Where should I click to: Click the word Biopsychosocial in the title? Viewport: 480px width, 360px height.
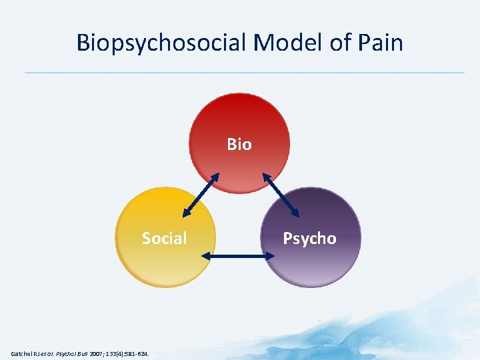point(161,43)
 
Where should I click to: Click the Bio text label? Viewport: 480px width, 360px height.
point(239,144)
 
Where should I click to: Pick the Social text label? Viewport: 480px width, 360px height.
point(164,238)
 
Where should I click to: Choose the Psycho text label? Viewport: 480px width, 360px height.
point(309,238)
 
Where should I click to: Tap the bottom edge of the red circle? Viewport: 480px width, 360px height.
point(239,193)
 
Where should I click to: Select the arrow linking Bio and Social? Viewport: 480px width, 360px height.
point(201,195)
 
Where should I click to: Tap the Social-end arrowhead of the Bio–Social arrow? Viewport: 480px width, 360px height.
point(185,214)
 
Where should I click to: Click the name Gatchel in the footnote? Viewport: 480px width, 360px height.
point(23,353)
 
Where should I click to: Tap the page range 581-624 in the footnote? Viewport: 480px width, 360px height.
point(137,353)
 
